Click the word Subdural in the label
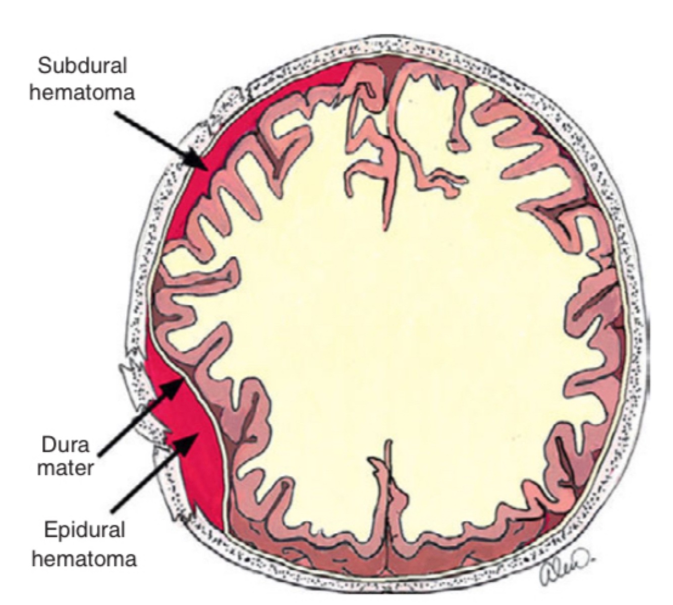(83, 67)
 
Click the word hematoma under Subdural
(83, 93)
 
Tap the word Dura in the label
(65, 445)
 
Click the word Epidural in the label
(84, 530)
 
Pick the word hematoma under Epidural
(84, 559)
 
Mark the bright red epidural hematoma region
(197, 469)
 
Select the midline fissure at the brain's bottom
(388, 484)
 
